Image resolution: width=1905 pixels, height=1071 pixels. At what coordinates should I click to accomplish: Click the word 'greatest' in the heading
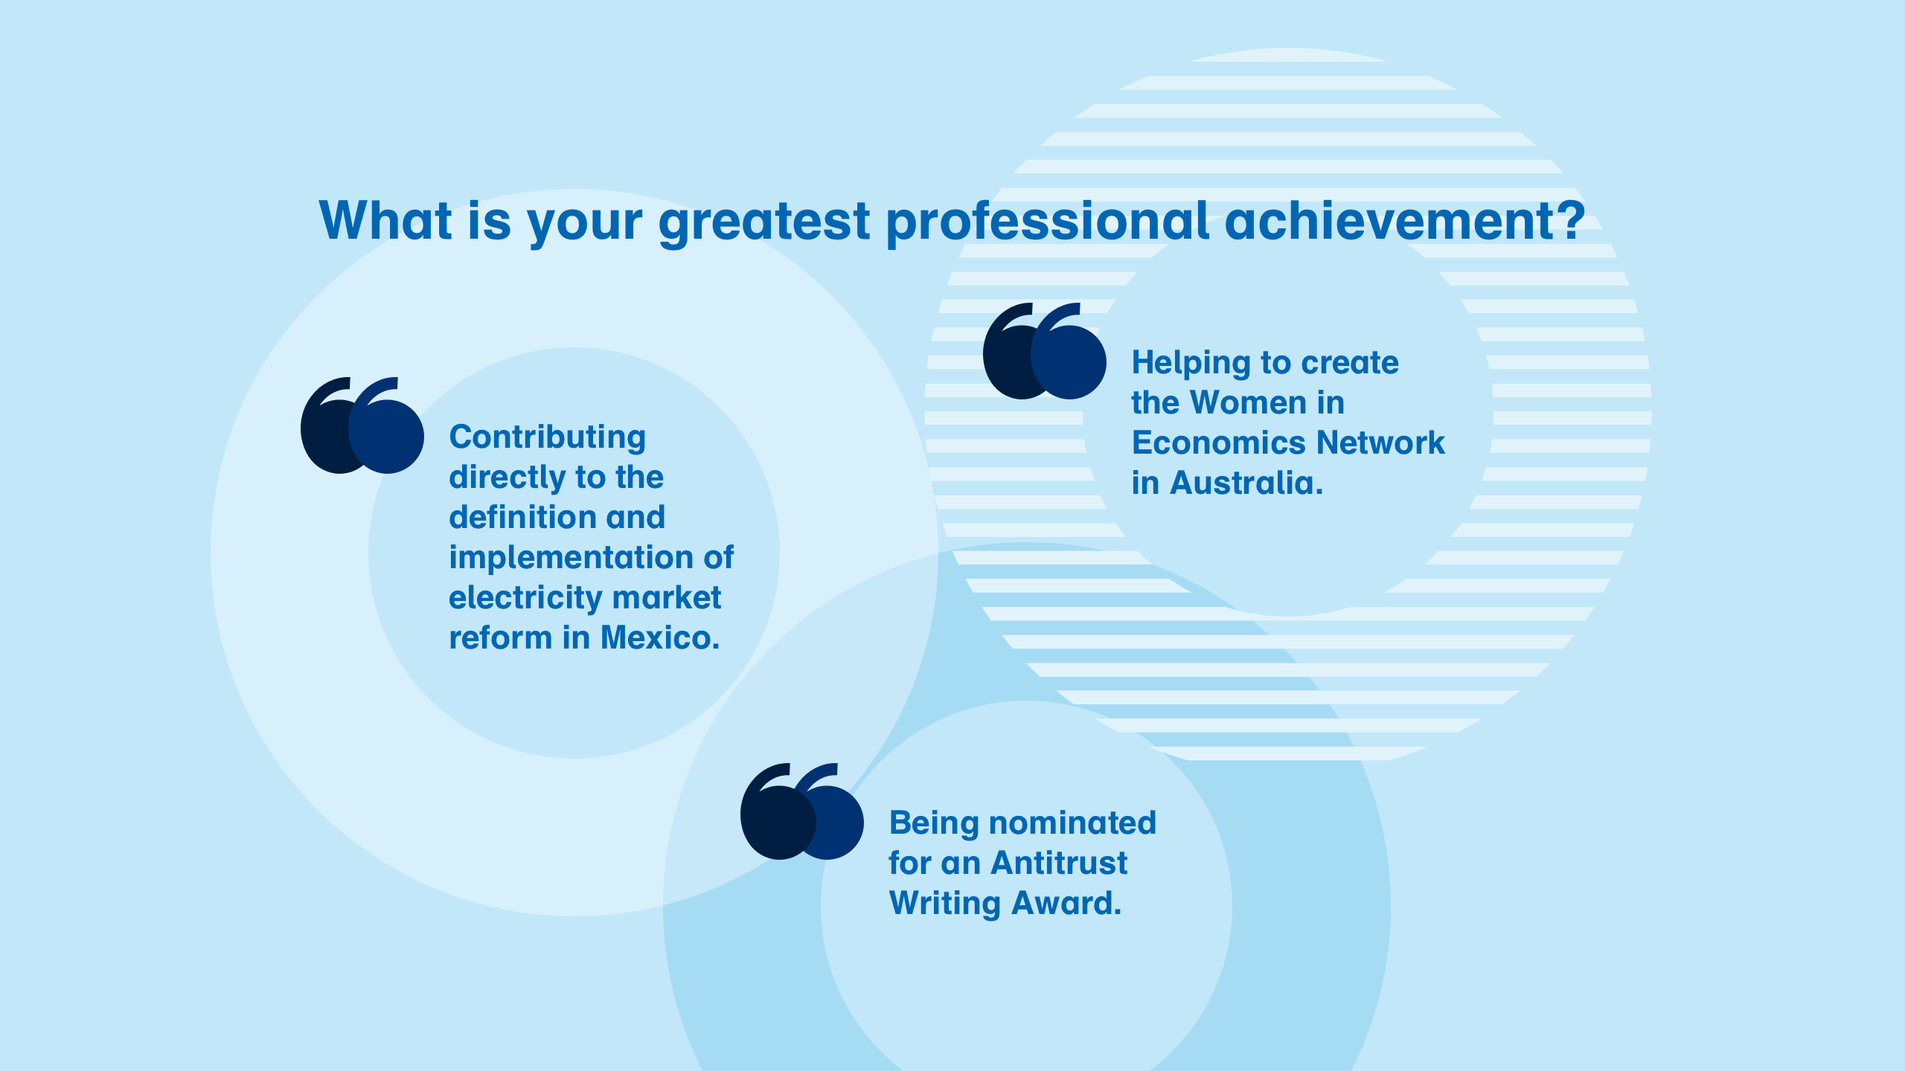pos(764,222)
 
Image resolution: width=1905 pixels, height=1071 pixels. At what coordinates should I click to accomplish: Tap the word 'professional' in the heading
pos(1048,222)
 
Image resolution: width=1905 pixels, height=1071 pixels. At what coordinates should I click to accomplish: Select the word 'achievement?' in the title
pos(1406,221)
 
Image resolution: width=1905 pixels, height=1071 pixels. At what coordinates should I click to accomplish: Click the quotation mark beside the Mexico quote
pos(362,425)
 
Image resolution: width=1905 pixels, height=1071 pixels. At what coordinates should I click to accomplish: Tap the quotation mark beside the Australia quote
pos(1045,350)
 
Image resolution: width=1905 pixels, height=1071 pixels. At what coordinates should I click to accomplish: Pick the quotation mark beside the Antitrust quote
pos(802,811)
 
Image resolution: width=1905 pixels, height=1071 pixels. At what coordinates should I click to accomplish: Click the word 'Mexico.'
pos(660,637)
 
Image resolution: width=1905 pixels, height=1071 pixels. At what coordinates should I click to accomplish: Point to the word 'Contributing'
pos(548,438)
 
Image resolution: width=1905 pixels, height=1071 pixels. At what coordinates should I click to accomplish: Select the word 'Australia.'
pos(1246,483)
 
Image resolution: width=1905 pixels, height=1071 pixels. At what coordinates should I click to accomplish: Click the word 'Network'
pos(1380,443)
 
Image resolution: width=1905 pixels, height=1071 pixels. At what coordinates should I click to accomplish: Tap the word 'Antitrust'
pos(1059,863)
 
